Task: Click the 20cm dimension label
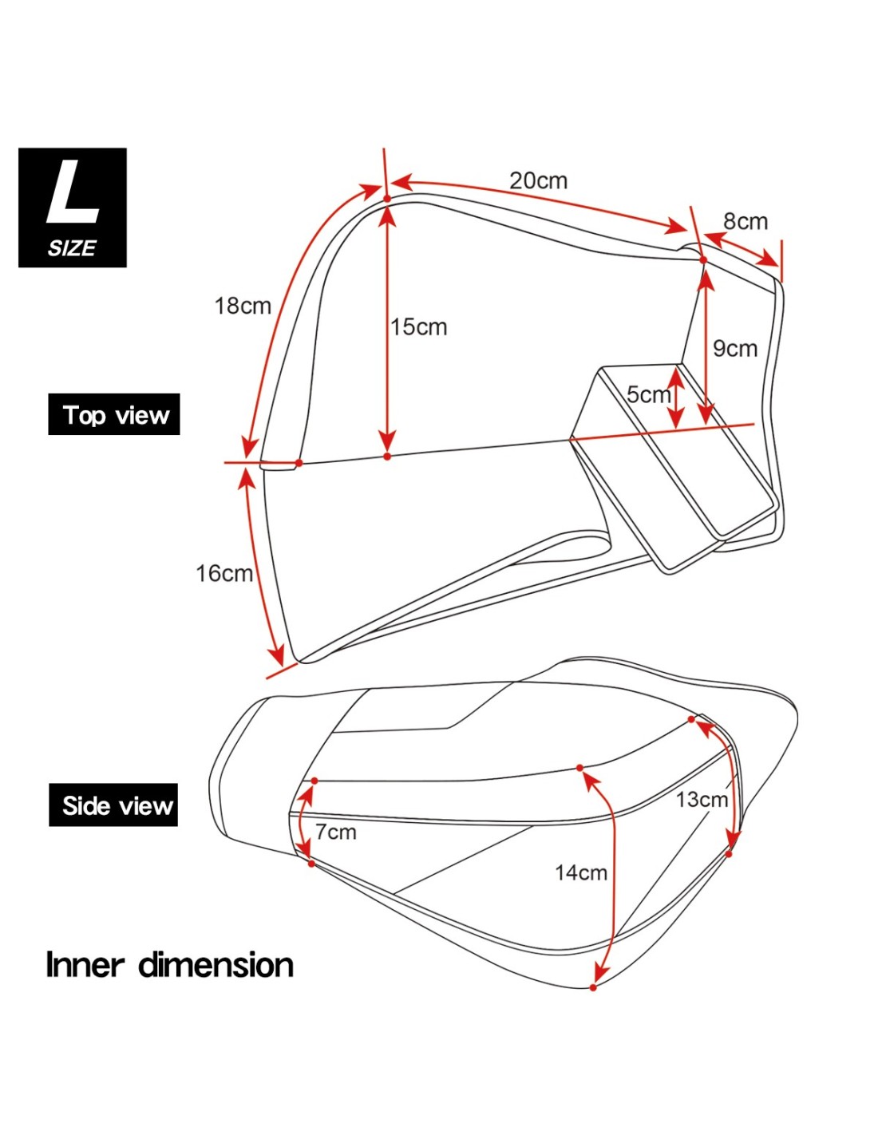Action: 538,180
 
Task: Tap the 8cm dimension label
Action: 745,221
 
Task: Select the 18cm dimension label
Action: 242,306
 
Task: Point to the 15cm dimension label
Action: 418,326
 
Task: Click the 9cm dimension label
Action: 734,348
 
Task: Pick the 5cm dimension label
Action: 648,394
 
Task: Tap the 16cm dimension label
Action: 223,573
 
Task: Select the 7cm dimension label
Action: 335,832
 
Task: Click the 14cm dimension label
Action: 580,872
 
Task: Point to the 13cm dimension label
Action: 701,799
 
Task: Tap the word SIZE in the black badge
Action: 72,248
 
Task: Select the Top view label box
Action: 114,414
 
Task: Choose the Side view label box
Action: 113,805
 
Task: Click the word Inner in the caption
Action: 85,964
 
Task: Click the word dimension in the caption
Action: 216,964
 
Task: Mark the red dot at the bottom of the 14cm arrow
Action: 593,987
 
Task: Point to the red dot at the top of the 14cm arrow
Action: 580,768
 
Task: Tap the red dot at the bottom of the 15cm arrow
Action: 387,456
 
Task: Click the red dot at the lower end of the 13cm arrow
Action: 729,854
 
